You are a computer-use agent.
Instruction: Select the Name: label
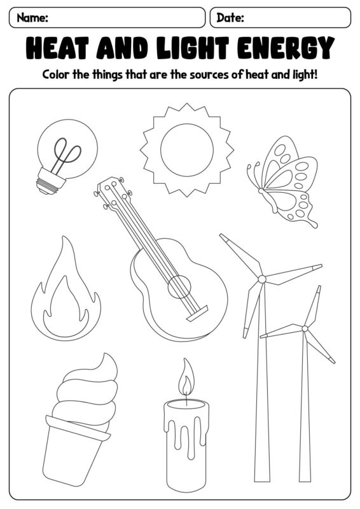(32, 17)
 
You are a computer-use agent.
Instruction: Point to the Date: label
(230, 17)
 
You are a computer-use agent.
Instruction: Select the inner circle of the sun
(187, 150)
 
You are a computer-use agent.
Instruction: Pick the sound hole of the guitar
(179, 287)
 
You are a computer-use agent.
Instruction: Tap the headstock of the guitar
(112, 192)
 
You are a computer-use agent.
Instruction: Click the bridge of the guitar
(197, 313)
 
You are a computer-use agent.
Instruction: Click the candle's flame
(186, 377)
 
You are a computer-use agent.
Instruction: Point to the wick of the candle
(186, 400)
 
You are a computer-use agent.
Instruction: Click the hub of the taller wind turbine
(262, 279)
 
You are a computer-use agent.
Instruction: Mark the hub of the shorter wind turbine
(305, 328)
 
